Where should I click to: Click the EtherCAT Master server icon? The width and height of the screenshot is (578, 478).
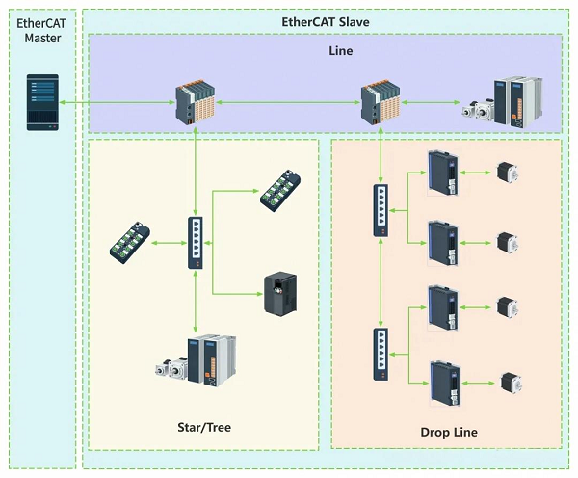42,102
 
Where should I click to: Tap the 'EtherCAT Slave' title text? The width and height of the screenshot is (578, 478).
326,22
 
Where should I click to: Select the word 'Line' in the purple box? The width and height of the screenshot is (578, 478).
341,50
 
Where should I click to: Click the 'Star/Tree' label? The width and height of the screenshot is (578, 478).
204,427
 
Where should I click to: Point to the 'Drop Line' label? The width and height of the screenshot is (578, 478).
449,432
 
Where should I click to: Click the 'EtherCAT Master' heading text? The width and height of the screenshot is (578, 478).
41,31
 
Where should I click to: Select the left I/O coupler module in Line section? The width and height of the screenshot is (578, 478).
196,102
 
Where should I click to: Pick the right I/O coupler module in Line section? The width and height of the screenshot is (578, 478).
381,102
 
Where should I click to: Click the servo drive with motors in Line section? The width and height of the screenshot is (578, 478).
502,102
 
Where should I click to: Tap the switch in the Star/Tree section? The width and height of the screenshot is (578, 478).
195,243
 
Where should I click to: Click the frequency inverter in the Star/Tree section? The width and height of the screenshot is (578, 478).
280,294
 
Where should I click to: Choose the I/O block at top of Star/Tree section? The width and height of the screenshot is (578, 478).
280,191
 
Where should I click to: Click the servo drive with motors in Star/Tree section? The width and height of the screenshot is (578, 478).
197,361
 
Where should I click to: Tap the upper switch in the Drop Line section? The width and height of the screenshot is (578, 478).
381,210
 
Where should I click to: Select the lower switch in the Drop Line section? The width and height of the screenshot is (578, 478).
381,354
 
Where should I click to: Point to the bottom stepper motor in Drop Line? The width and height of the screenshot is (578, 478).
512,384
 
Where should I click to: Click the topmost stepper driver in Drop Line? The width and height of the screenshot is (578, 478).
443,173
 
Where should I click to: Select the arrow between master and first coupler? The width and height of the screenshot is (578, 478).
117,102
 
